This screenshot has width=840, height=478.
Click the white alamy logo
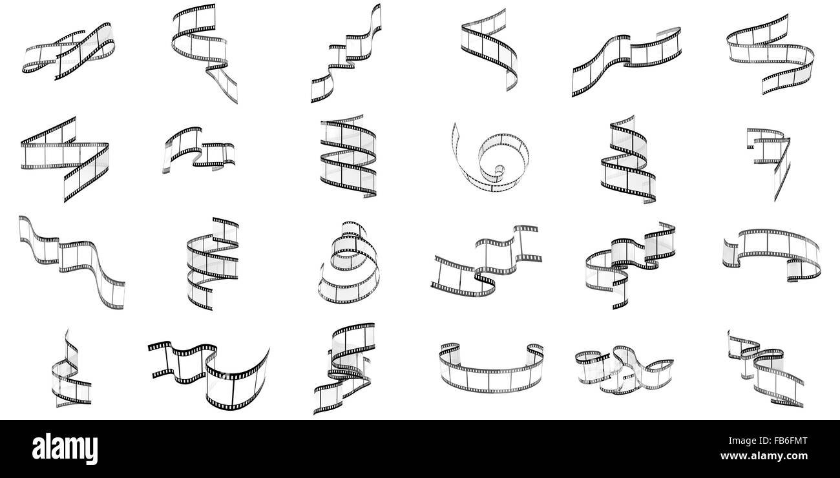point(65,448)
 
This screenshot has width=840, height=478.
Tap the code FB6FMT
point(790,441)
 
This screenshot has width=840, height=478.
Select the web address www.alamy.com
point(764,456)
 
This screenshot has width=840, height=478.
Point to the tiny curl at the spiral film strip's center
point(499,171)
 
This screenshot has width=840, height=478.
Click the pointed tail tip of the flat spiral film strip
point(455,124)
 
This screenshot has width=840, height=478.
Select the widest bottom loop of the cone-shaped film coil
point(348,289)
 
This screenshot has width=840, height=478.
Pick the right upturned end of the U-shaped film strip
point(535,351)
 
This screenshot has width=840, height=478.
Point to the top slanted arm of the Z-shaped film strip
point(48,130)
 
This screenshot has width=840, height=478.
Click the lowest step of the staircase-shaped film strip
point(322,88)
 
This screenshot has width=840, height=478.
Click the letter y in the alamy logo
point(91,452)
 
